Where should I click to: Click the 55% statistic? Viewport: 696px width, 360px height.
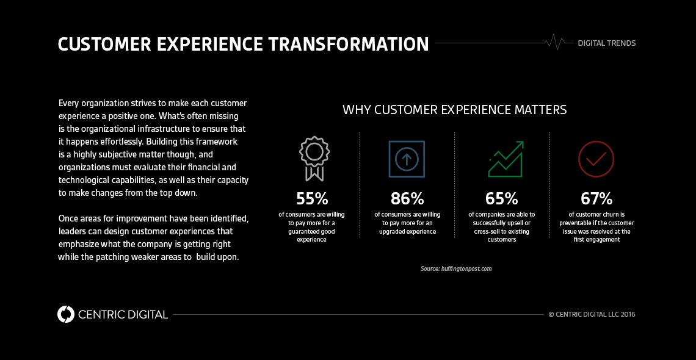(x=312, y=199)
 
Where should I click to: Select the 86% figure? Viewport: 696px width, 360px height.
(x=407, y=199)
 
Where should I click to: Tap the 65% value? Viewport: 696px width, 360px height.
(x=501, y=199)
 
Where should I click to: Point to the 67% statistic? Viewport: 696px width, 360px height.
(x=596, y=199)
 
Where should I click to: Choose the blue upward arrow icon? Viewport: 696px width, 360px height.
(x=407, y=159)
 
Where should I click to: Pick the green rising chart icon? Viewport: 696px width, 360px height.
(x=506, y=159)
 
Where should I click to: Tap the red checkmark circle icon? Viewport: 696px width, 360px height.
(x=596, y=159)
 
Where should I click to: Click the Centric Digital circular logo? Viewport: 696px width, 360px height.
(x=66, y=314)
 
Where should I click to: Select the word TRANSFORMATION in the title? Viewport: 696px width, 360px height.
(x=348, y=45)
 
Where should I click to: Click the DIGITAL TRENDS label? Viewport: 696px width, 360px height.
(x=606, y=43)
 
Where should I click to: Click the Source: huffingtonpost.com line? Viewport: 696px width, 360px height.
(x=456, y=268)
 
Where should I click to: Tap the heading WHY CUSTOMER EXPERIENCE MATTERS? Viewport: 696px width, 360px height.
(x=454, y=110)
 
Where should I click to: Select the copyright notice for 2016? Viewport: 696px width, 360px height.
(x=591, y=315)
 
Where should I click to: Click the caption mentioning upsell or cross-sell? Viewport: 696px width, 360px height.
(x=501, y=227)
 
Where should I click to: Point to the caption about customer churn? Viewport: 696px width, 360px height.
(x=596, y=227)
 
